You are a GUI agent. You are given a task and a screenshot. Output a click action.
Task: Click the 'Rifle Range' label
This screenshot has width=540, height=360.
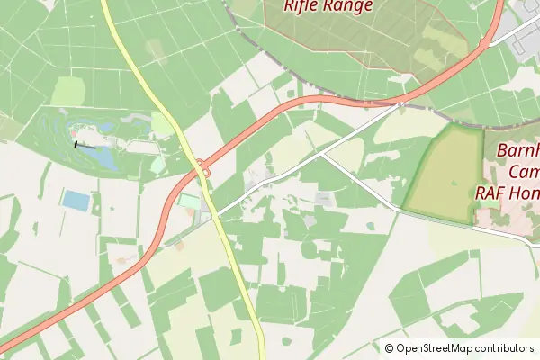[328, 6]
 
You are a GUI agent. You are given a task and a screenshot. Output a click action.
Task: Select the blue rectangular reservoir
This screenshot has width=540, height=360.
[76, 201]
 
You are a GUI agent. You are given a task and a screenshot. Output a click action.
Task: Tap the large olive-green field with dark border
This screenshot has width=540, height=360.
[443, 173]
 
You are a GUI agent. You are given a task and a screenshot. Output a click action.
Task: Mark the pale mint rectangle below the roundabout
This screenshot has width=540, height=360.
[189, 202]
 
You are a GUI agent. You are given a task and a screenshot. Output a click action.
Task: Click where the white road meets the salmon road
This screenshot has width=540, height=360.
[399, 104]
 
